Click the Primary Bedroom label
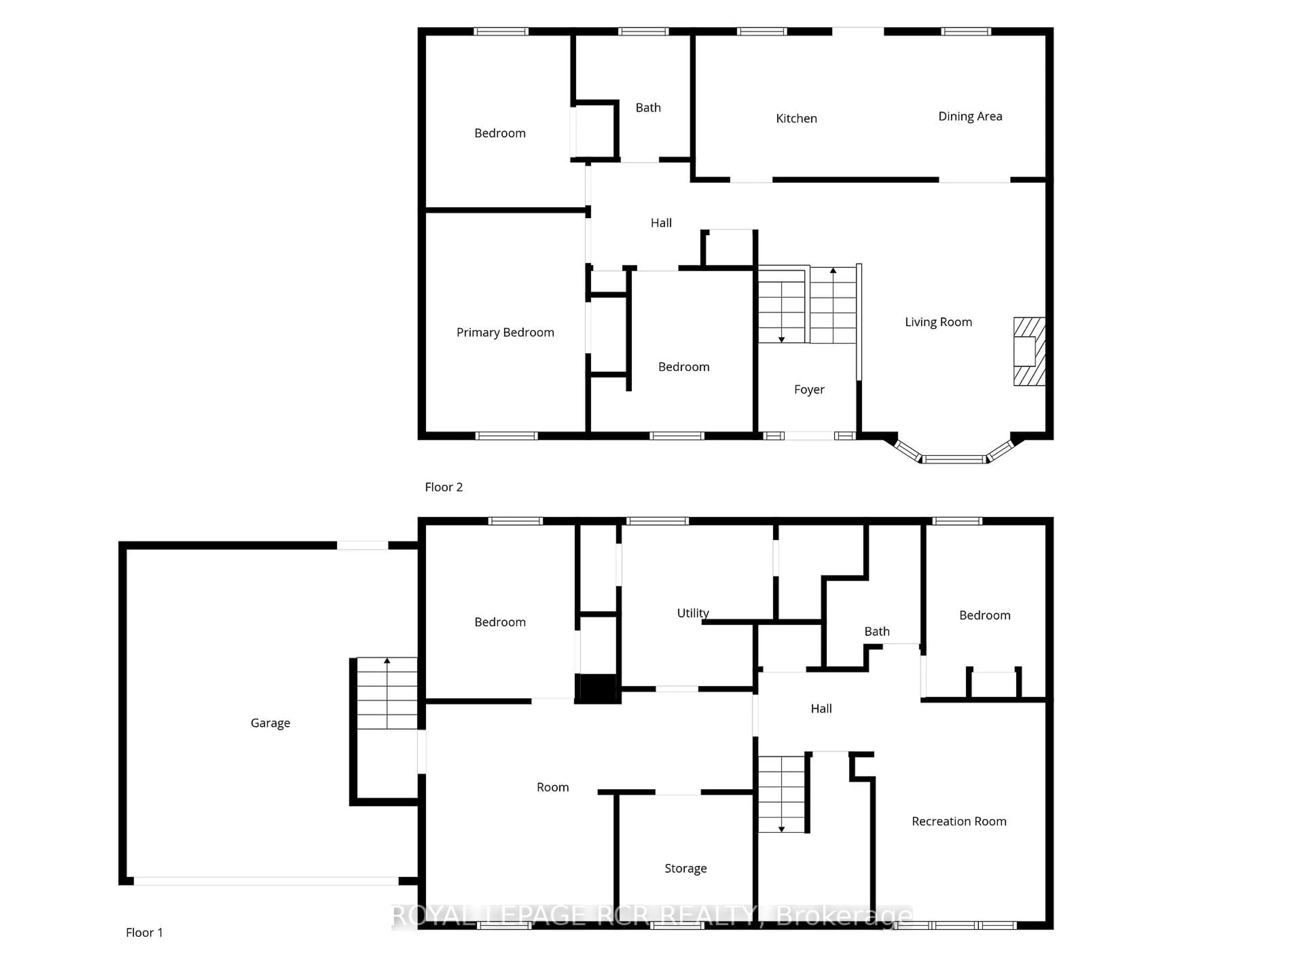click(505, 332)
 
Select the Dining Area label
click(970, 116)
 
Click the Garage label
click(270, 723)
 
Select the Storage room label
click(685, 869)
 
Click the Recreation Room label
click(959, 821)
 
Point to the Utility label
click(692, 613)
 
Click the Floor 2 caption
click(443, 487)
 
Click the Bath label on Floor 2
click(648, 108)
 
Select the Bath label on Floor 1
click(876, 632)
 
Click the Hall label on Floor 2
click(661, 222)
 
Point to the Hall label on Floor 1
click(821, 709)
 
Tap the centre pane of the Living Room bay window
click(954, 459)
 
